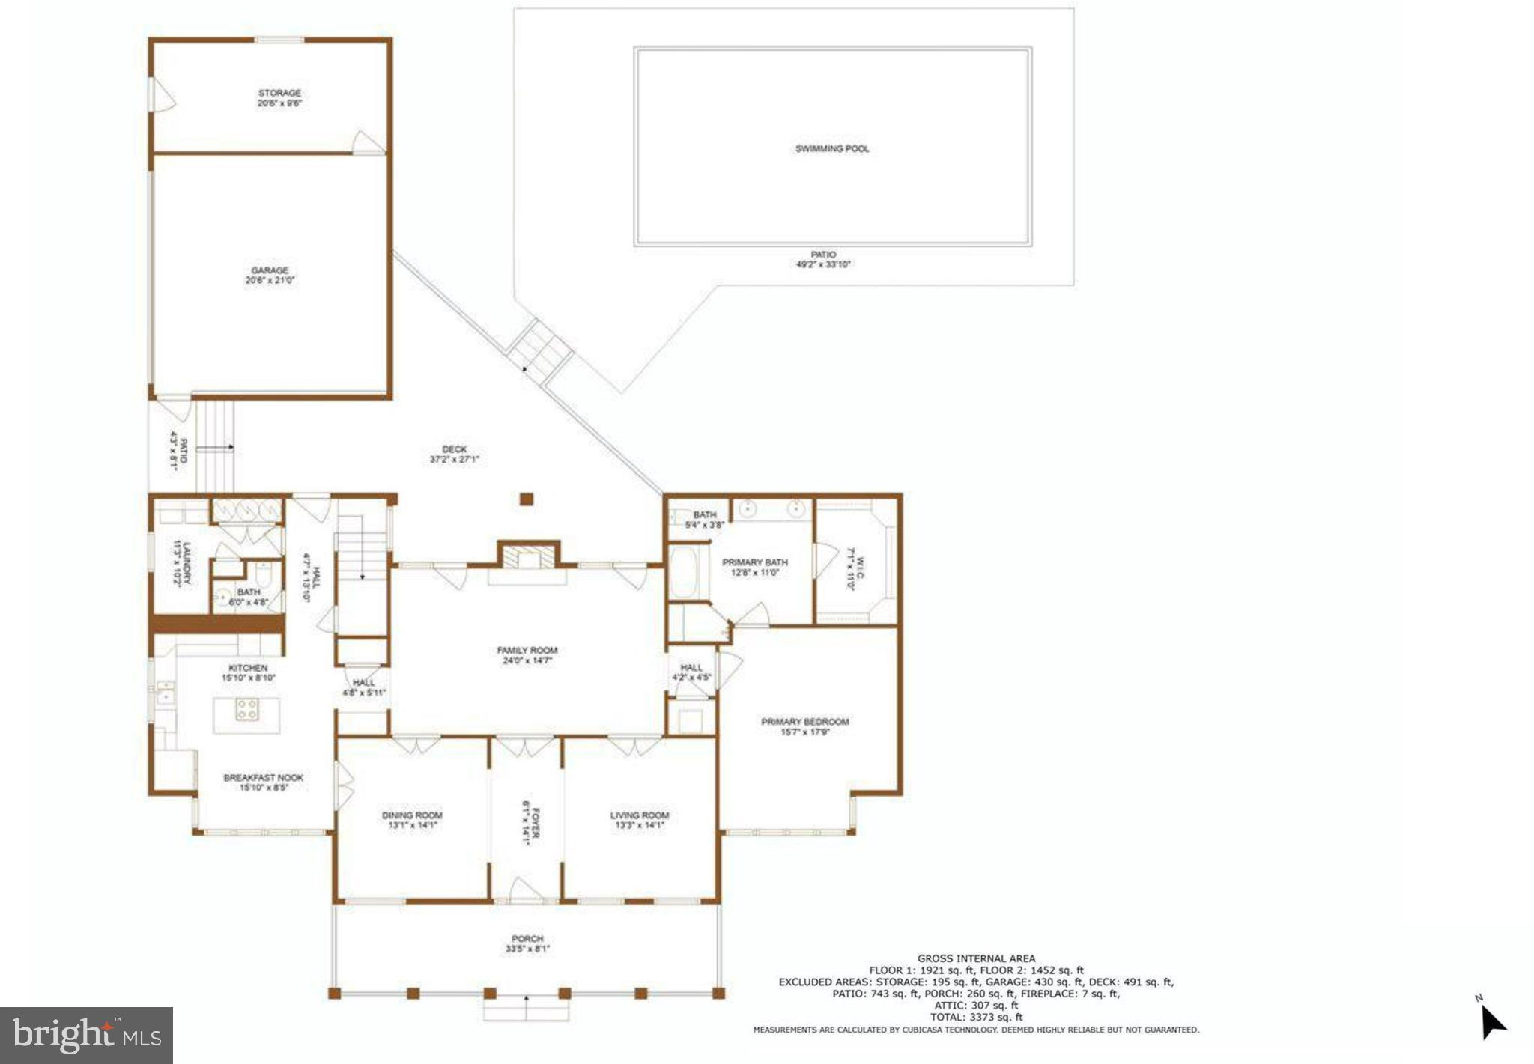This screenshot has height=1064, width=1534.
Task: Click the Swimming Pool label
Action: pyautogui.click(x=832, y=149)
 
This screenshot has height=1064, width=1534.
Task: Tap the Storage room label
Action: pyautogui.click(x=279, y=93)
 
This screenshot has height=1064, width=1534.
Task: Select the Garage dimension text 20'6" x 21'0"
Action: pyautogui.click(x=270, y=281)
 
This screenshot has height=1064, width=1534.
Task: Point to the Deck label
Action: pyautogui.click(x=454, y=449)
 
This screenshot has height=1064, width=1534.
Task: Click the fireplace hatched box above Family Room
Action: pyautogui.click(x=529, y=557)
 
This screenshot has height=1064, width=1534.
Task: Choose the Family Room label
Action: pyautogui.click(x=527, y=651)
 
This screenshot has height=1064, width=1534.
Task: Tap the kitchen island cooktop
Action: pyautogui.click(x=247, y=708)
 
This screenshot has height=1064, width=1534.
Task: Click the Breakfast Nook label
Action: pyautogui.click(x=263, y=778)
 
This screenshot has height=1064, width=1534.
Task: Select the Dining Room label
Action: pyautogui.click(x=412, y=815)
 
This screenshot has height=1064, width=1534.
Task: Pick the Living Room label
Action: pyautogui.click(x=640, y=815)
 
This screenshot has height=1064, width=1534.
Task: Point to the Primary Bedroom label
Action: pyautogui.click(x=805, y=722)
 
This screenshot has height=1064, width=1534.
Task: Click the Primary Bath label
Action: pyautogui.click(x=755, y=562)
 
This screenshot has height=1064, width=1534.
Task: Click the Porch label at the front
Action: pyautogui.click(x=527, y=939)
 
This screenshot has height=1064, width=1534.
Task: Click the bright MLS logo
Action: pyautogui.click(x=87, y=1036)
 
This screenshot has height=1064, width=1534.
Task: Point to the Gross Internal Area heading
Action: pyautogui.click(x=976, y=958)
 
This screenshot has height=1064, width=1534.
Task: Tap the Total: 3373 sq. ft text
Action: pyautogui.click(x=976, y=1017)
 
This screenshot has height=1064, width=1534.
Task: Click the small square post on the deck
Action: pyautogui.click(x=527, y=499)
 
